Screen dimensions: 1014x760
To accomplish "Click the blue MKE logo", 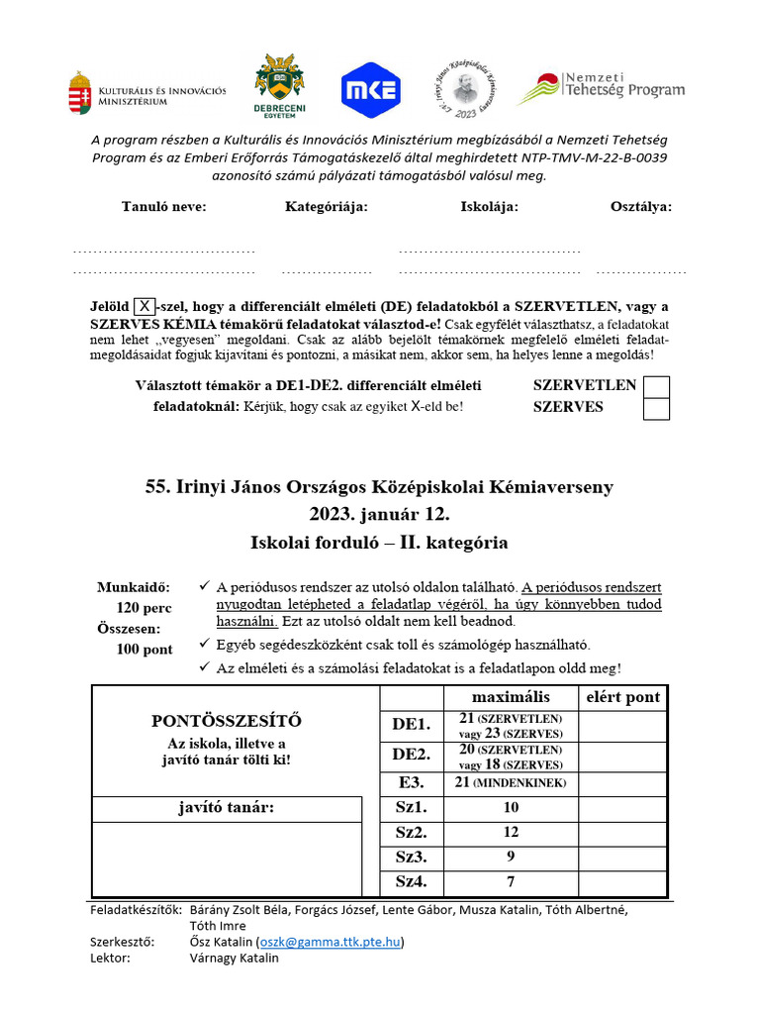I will [x=370, y=90].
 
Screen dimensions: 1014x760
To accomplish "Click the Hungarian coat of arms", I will [x=80, y=93].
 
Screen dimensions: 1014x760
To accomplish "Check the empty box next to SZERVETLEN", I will [x=656, y=386].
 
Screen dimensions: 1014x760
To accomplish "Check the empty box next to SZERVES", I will [x=656, y=408].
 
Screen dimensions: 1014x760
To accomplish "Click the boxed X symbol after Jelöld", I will [x=144, y=306].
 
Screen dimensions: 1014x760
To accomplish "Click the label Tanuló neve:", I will [x=163, y=207].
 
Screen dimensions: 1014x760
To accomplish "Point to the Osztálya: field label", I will [x=640, y=207].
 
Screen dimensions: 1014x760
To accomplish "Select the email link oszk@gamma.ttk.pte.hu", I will [x=330, y=942].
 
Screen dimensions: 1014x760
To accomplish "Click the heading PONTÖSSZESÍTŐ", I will [x=227, y=720].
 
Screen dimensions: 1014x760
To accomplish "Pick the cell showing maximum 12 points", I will [x=511, y=832].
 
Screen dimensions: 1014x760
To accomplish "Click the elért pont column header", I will [x=622, y=697].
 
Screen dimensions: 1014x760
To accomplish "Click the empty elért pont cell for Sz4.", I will [x=622, y=881].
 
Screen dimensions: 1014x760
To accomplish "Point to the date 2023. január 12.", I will [x=379, y=515].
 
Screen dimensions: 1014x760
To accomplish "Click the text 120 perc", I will [x=144, y=608].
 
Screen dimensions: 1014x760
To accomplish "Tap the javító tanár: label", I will [x=227, y=808].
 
